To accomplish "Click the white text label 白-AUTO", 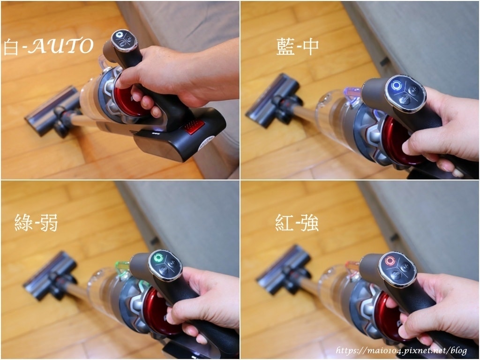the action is coord(48,46).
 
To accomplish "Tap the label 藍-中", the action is coord(297,46).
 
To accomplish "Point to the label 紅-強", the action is coord(297,223).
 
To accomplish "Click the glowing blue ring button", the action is coord(396,86).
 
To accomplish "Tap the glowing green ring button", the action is coord(158,257).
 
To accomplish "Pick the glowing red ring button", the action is coord(390,261).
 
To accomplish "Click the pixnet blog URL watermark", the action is coord(402,350).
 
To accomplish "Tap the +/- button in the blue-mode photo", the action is coord(413,90).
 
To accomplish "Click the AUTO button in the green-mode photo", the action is coord(163,270).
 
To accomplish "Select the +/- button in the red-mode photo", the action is coord(405,267).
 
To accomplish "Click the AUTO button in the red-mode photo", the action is coord(396,275).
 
